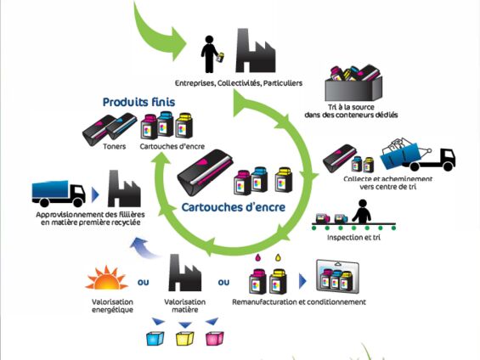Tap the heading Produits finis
138,102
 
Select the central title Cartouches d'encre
234,207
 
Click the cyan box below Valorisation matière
155,338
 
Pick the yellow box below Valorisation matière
185,338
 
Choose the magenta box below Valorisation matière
215,338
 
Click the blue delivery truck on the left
59,194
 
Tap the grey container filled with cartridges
353,83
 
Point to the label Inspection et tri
353,238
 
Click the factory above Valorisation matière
184,273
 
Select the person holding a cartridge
212,54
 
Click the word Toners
115,147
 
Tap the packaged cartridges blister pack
337,277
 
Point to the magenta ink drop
257,258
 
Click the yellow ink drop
278,258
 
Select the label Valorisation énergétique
112,306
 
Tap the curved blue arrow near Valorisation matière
144,247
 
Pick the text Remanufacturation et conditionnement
299,302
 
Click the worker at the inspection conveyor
362,211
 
